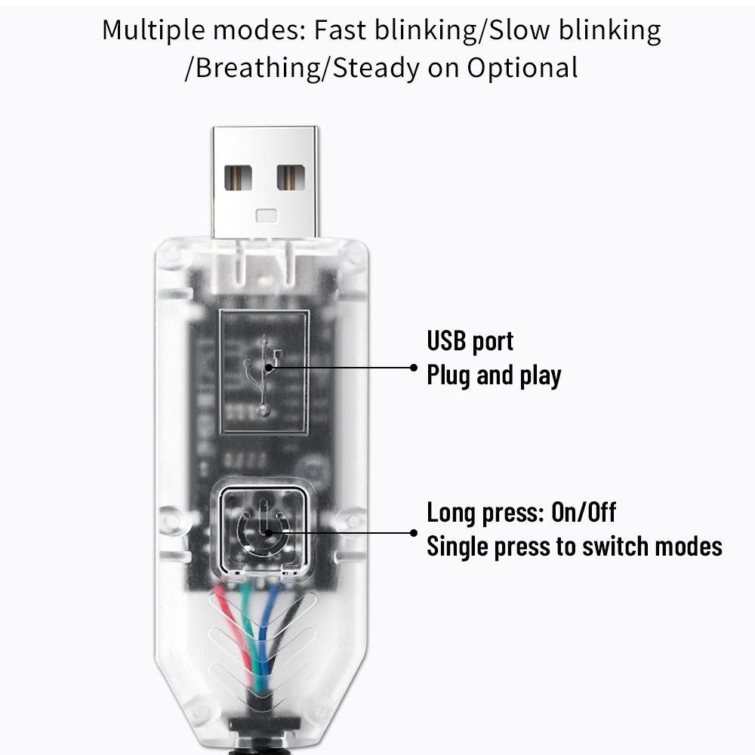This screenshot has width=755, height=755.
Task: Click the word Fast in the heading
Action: pyautogui.click(x=339, y=30)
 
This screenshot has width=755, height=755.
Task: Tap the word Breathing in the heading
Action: pyautogui.click(x=257, y=68)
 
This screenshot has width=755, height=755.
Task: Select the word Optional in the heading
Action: pyautogui.click(x=522, y=68)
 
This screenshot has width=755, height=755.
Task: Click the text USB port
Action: pyautogui.click(x=470, y=341)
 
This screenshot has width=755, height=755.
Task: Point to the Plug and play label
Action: pyautogui.click(x=494, y=374)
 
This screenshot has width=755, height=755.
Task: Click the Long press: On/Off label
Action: pyautogui.click(x=521, y=513)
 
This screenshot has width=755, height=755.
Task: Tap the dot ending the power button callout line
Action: pyautogui.click(x=414, y=532)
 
